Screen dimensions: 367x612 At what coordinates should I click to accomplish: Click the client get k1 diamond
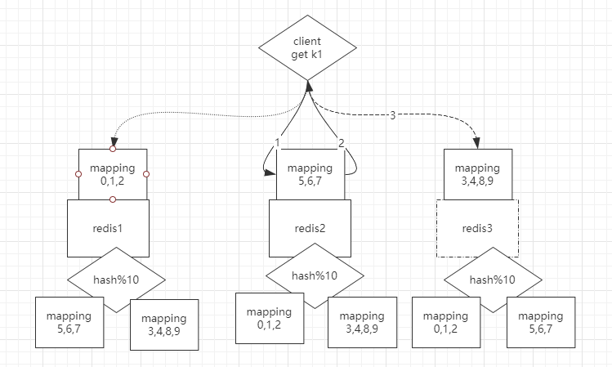point(307,47)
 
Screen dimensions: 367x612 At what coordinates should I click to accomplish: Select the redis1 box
point(107,228)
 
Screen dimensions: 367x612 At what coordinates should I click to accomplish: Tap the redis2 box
point(310,228)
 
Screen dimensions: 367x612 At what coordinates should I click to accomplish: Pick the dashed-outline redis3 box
point(477,228)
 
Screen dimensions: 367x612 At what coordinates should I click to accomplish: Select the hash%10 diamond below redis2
point(315,275)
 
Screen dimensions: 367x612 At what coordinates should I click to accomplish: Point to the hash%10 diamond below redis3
point(493,279)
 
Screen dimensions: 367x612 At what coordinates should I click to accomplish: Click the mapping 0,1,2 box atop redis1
point(113,174)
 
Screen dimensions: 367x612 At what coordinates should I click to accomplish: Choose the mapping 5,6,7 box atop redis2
point(310,174)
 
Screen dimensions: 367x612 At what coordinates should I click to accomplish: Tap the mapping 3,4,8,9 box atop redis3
point(477,174)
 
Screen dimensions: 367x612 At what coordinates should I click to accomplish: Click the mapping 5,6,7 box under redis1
point(69,322)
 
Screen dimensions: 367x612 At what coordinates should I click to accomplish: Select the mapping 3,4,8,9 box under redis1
point(164,324)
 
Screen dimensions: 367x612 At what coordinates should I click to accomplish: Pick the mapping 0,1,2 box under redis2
point(269,317)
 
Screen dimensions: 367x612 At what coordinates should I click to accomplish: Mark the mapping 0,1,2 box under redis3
point(445,322)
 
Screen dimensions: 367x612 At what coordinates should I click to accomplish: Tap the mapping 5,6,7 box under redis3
point(540,322)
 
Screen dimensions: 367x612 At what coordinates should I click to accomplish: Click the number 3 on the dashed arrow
point(392,115)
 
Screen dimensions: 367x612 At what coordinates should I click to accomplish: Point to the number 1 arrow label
point(278,142)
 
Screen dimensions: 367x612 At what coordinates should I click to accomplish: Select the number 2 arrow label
point(341,142)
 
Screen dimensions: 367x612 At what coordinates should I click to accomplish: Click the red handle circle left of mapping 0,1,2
point(78,174)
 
